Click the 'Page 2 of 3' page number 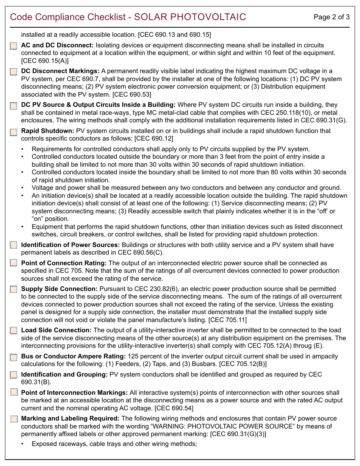pyautogui.click(x=332, y=17)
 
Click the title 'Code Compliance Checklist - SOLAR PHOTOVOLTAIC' pyautogui.click(x=128, y=17)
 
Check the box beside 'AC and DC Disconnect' pyautogui.click(x=14, y=46)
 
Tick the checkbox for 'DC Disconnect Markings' pyautogui.click(x=14, y=72)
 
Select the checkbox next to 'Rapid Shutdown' pyautogui.click(x=14, y=132)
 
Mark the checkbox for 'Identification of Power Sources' pyautogui.click(x=14, y=245)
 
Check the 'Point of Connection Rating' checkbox pyautogui.click(x=14, y=263)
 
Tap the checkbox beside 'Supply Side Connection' pyautogui.click(x=14, y=289)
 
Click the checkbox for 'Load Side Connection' pyautogui.click(x=14, y=330)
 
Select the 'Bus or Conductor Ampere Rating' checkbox pyautogui.click(x=14, y=357)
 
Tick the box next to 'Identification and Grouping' pyautogui.click(x=14, y=375)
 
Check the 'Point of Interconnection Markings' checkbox pyautogui.click(x=14, y=392)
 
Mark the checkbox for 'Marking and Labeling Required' pyautogui.click(x=14, y=419)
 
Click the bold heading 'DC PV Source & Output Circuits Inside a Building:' pyautogui.click(x=98, y=105)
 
